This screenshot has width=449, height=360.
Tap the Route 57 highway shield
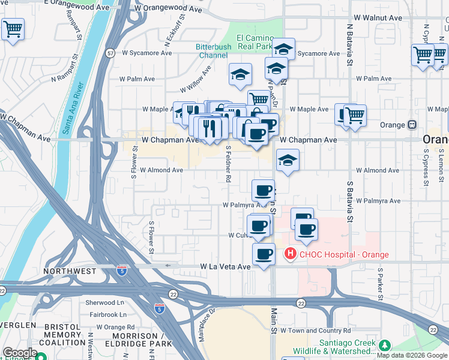(110, 53)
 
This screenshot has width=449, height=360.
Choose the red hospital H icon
(290, 254)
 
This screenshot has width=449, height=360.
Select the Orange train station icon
(412, 125)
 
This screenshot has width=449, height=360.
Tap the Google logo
(20, 353)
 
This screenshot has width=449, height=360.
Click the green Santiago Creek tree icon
(383, 345)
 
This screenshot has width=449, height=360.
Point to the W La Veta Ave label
(224, 266)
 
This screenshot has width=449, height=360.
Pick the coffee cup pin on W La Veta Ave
(264, 254)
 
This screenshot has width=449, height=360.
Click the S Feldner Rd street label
(229, 163)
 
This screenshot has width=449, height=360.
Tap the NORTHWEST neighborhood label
(70, 271)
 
